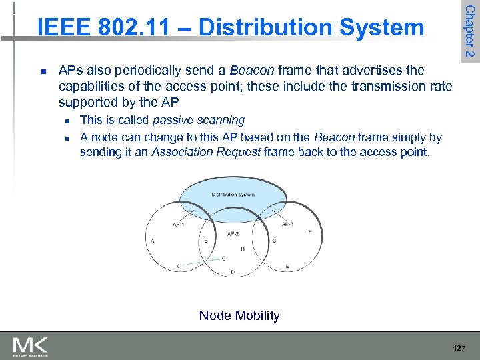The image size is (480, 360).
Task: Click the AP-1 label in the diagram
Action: coord(178,225)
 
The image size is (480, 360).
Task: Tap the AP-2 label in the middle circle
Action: coord(233,233)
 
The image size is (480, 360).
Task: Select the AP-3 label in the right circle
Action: coord(287,225)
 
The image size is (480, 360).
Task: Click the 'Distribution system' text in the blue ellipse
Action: coord(233,195)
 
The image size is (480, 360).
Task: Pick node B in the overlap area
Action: coord(205,241)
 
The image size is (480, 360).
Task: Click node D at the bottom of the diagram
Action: coord(233,272)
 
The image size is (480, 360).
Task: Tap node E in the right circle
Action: coord(287,266)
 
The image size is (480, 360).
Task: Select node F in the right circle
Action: coord(309,231)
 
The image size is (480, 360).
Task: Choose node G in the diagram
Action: coord(274,241)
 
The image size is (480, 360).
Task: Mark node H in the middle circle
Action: coord(242,249)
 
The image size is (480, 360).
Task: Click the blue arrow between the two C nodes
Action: coord(200,262)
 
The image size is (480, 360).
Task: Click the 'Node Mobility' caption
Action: coord(239,315)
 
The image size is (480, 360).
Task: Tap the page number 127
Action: coord(458,348)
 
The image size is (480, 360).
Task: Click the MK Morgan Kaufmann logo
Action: coord(31,347)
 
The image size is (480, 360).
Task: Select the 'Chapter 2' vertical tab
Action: coord(469,30)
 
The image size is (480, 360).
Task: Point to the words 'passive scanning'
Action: coord(199,120)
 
